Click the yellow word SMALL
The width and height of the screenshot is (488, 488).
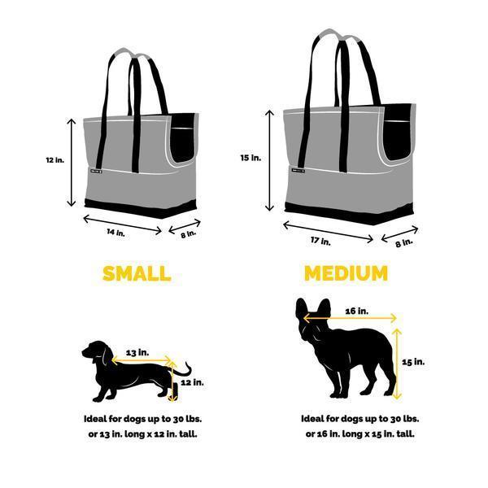(136, 273)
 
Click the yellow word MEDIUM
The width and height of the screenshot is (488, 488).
(346, 273)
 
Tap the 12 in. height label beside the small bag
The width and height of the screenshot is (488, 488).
(54, 161)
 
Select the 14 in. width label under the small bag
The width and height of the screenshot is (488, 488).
(116, 233)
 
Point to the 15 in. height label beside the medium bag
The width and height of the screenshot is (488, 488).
(251, 158)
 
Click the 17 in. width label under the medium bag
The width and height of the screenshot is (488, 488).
(321, 241)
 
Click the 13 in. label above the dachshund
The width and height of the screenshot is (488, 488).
(137, 352)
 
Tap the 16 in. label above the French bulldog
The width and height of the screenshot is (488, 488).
(356, 311)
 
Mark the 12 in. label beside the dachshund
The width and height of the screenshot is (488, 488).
(192, 381)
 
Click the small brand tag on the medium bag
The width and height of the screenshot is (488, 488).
(295, 172)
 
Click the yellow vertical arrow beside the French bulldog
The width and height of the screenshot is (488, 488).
(398, 364)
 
